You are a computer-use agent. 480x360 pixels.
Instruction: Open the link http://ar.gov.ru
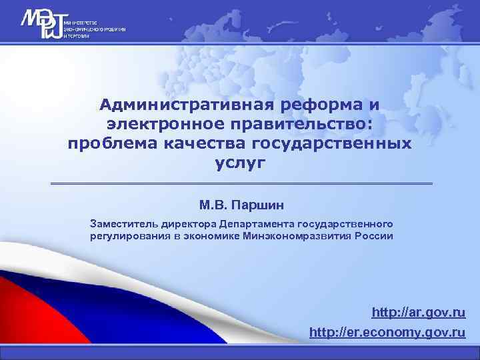[x=419, y=313]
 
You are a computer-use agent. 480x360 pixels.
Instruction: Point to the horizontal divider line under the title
[x=241, y=183]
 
